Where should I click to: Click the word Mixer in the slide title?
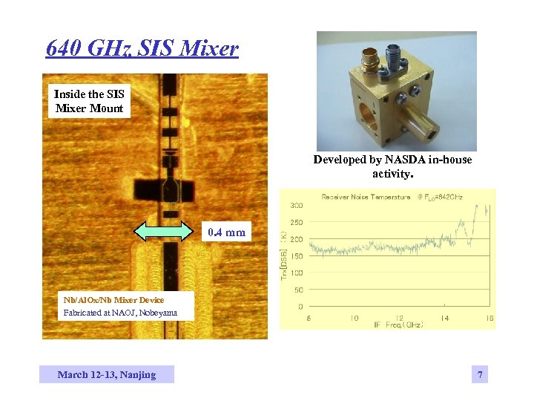point(209,49)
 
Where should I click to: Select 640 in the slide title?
point(63,49)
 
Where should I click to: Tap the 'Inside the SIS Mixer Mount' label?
point(89,101)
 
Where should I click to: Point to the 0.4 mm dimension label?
point(226,232)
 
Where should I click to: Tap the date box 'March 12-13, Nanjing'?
point(107,374)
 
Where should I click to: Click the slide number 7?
point(480,375)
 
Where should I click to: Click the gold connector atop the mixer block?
point(369,56)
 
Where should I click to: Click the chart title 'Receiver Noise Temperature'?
point(365,198)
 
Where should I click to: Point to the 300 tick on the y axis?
point(295,205)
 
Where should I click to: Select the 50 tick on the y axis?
point(297,290)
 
